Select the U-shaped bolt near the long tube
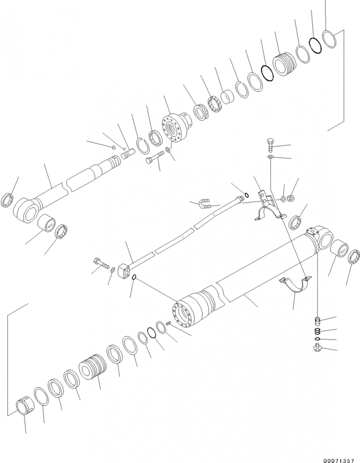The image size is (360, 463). click(205, 203)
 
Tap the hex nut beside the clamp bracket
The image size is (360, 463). click(290, 198)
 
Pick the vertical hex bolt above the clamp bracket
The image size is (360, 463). click(271, 144)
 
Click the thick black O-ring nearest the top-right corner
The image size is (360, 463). click(316, 46)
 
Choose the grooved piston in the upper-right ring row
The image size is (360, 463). click(284, 65)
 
